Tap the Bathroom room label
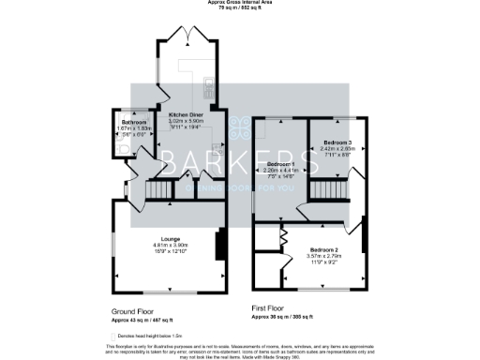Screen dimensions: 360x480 tap(132, 122)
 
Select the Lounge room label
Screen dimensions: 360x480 tap(171, 239)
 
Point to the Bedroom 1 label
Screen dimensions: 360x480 tap(280, 163)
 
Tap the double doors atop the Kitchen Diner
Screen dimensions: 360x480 tap(192, 37)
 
